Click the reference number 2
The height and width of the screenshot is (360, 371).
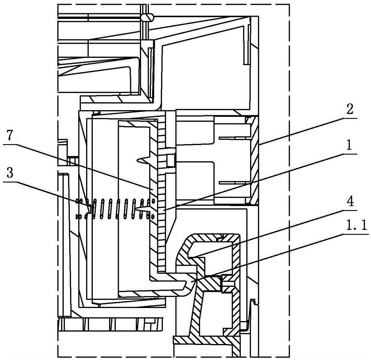pos(349,109)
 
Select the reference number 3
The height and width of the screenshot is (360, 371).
pos(9,173)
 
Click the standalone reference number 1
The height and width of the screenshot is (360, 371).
pos(349,145)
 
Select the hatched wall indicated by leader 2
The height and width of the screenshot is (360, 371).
pos(255,160)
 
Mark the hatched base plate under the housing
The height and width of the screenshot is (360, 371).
pos(207,341)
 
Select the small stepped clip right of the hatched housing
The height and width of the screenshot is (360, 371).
pos(253,314)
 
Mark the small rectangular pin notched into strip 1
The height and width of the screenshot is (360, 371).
pos(170,161)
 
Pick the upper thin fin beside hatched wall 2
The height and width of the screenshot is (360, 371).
pos(234,138)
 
